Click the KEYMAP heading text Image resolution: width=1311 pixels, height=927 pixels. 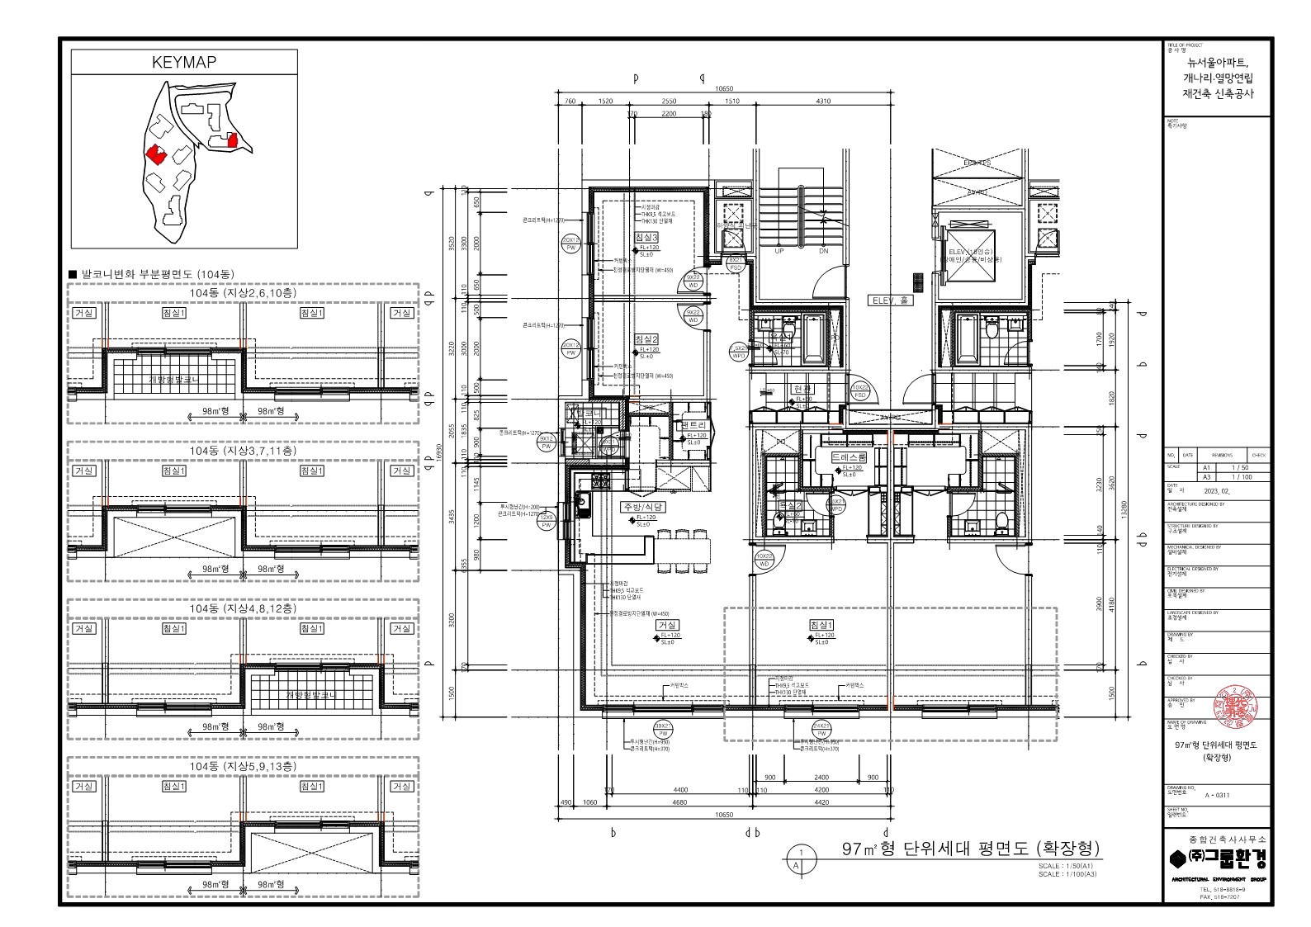(184, 63)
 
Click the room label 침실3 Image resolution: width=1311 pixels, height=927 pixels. (646, 238)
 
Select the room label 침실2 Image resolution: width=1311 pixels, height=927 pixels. (646, 339)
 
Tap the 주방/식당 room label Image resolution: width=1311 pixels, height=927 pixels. (643, 507)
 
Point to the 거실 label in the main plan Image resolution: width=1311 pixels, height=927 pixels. (667, 626)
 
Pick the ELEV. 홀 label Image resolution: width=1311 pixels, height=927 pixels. (887, 301)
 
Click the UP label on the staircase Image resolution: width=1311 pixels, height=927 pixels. (779, 252)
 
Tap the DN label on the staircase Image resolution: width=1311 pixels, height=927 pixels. (823, 252)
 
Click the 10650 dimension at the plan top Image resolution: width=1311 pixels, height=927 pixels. (724, 88)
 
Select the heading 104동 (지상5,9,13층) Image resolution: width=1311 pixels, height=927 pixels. (244, 766)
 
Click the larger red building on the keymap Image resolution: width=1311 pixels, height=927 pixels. (155, 154)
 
